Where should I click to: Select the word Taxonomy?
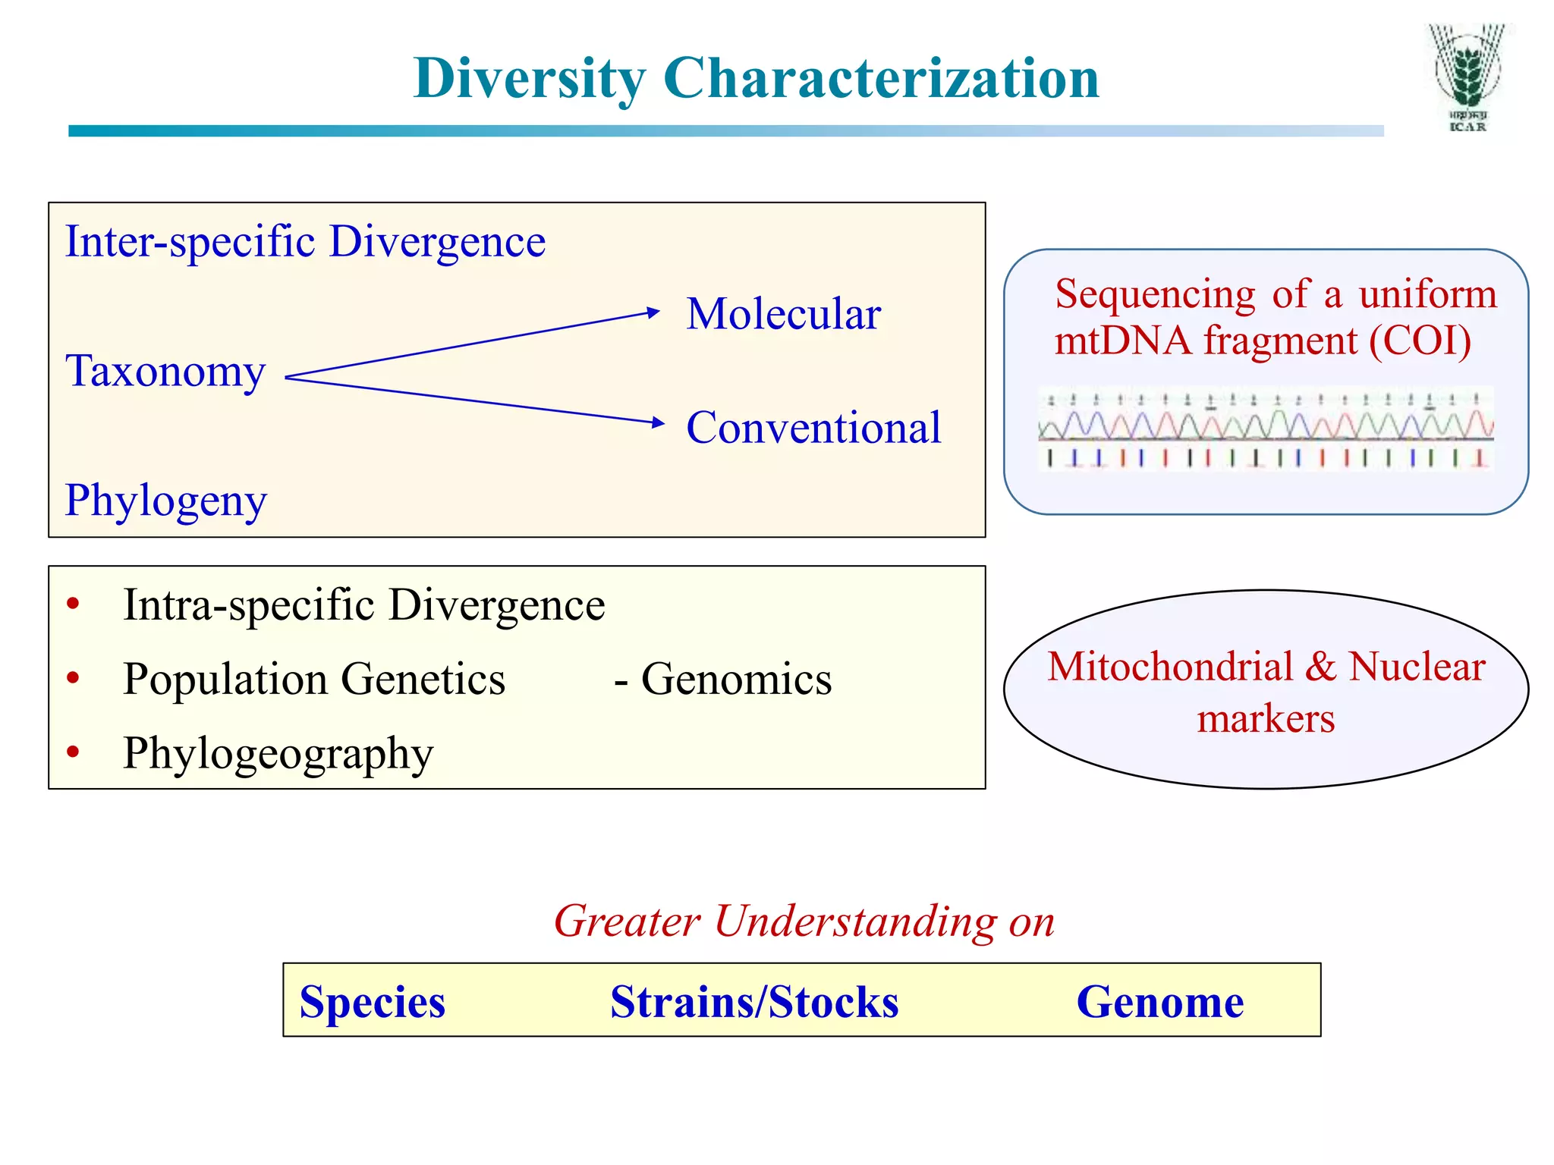(x=165, y=372)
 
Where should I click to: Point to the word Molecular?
(x=783, y=314)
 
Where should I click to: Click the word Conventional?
(x=813, y=427)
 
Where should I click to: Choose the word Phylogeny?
(x=165, y=501)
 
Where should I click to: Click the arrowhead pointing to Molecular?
(x=653, y=312)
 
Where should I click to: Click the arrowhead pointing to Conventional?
(x=658, y=422)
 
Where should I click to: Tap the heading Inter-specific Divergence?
(x=305, y=242)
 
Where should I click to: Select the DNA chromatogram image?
(x=1265, y=429)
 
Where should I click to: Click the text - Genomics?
(x=722, y=679)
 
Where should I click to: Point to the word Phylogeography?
(x=278, y=753)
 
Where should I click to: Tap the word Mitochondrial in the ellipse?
(x=1169, y=667)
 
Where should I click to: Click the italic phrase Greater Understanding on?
(x=804, y=921)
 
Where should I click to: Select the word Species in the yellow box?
(x=372, y=1002)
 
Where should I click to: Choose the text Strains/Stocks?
(x=754, y=1002)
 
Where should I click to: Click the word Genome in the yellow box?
(x=1159, y=1002)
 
